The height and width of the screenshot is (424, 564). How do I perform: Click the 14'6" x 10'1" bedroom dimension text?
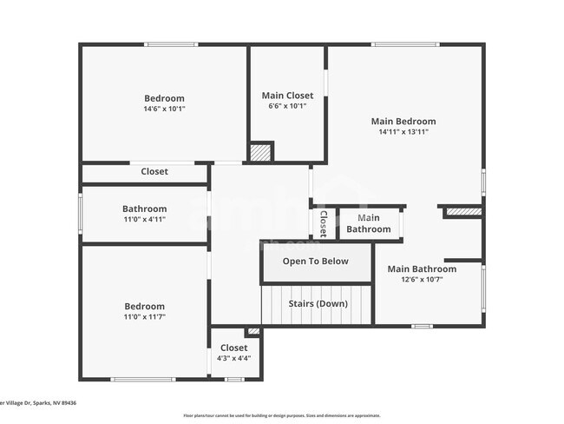(164, 109)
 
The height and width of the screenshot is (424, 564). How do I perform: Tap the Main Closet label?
(287, 96)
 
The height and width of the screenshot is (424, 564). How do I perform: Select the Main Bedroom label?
(403, 122)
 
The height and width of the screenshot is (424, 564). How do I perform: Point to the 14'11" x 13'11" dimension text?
(403, 133)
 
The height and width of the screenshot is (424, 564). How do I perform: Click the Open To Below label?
(316, 262)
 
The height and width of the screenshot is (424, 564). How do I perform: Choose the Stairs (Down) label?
(318, 304)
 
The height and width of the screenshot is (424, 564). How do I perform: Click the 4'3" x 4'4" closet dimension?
(233, 359)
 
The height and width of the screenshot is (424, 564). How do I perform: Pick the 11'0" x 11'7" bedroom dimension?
(144, 318)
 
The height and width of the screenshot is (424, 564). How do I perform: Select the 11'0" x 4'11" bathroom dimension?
(144, 220)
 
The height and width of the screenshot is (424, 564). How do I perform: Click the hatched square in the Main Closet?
(260, 152)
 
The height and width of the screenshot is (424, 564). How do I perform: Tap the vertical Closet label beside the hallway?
(323, 223)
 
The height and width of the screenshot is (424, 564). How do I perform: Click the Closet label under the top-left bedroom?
(154, 172)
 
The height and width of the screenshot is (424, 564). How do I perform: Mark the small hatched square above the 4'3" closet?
(252, 331)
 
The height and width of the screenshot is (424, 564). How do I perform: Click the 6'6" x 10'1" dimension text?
(287, 107)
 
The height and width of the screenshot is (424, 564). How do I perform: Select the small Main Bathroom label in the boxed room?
(369, 223)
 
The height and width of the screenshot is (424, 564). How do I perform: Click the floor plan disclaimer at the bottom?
(281, 415)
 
